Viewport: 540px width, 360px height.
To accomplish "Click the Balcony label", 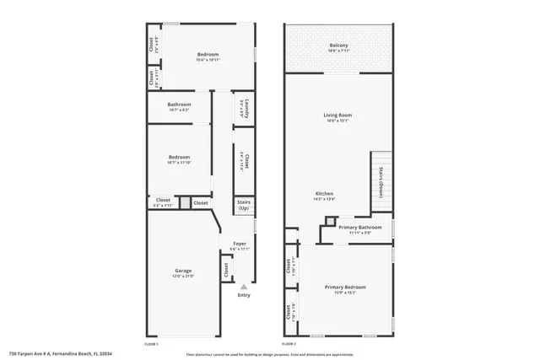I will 338,45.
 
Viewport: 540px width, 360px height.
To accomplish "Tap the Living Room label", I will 337,116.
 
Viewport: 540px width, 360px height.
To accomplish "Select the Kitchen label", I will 325,193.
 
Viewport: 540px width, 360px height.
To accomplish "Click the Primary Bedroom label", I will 345,287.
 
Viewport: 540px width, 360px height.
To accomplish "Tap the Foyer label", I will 240,243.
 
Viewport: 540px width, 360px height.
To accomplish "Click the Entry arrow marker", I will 244,287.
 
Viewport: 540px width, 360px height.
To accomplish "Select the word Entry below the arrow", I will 244,295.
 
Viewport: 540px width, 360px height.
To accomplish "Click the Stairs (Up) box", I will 243,206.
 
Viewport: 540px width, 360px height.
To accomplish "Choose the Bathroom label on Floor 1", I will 178,106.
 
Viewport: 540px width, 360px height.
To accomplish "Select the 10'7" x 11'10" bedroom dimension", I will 179,161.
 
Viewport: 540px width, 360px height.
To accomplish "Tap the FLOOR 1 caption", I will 151,345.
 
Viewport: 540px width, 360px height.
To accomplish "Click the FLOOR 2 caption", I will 289,345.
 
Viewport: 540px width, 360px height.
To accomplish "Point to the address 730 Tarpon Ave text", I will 60,354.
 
